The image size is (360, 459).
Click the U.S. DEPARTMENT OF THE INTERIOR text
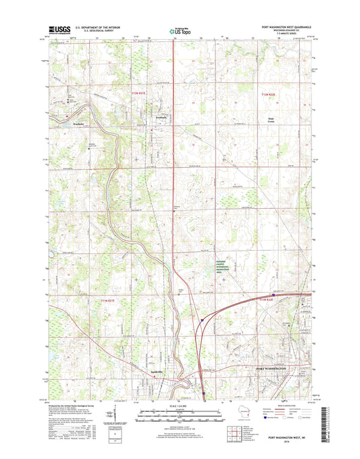95,26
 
